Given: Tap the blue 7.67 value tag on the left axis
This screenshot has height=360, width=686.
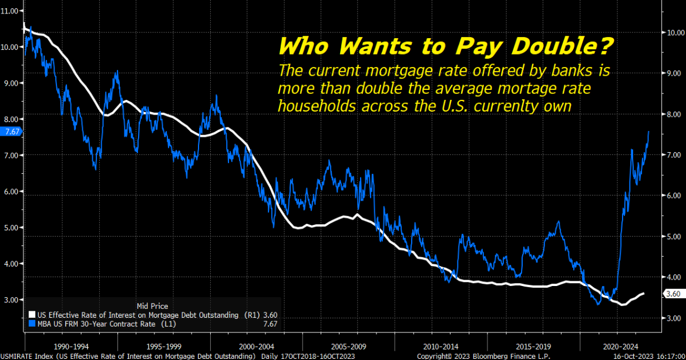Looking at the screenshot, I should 12,132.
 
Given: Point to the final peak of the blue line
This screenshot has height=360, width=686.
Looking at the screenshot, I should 648,132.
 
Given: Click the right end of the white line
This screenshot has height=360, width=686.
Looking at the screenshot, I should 644,293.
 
